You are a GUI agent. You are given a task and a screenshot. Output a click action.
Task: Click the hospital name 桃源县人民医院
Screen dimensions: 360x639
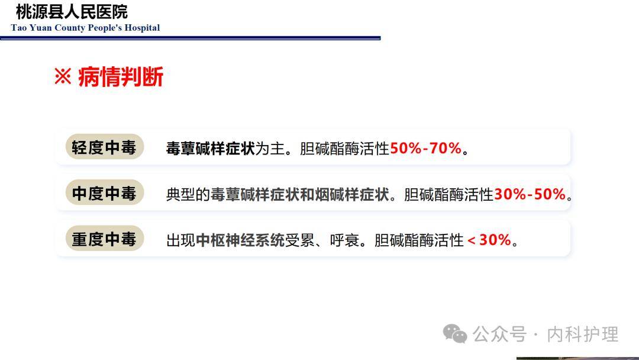(x=72, y=12)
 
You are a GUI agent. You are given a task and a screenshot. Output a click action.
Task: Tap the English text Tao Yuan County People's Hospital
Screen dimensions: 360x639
(x=85, y=28)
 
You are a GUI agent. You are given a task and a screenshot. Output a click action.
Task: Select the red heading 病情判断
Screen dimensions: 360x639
(x=120, y=77)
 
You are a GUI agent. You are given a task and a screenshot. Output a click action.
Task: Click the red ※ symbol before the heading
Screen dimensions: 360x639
(x=63, y=76)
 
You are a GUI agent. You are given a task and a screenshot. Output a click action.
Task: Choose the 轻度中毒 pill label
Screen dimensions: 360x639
(x=104, y=147)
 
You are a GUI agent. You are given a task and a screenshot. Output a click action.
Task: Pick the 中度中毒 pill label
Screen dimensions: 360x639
(x=104, y=194)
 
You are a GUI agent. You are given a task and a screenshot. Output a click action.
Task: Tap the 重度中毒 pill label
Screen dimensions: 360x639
(x=104, y=239)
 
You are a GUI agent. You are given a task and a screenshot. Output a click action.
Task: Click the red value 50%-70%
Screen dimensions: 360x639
(x=425, y=148)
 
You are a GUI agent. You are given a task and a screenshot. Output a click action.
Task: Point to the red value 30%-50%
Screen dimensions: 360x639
(x=530, y=194)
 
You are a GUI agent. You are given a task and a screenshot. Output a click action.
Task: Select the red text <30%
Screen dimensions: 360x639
(x=489, y=240)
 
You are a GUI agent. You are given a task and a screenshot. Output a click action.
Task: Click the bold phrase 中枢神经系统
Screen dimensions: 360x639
(x=240, y=240)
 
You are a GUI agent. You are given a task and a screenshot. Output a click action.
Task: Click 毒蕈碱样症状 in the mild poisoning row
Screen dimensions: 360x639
(x=210, y=148)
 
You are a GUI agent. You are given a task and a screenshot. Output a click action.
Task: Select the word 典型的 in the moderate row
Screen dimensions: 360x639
(x=188, y=194)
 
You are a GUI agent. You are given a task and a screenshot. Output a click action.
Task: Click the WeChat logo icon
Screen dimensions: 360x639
(x=455, y=334)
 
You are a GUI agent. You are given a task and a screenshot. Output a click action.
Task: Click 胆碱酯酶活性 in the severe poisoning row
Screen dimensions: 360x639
(x=419, y=240)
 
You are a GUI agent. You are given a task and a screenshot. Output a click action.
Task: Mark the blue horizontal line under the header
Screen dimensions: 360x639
(x=190, y=38)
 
